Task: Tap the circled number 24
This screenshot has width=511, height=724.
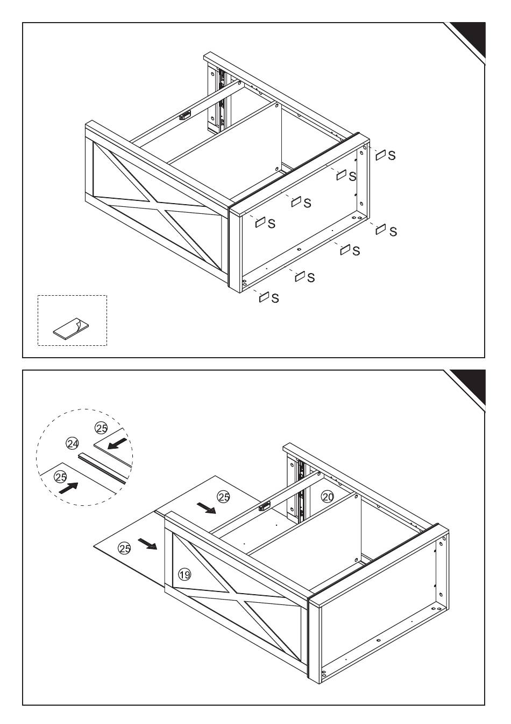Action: (x=72, y=443)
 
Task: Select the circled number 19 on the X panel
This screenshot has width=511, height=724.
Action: (x=184, y=575)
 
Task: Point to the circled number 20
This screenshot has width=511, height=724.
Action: (x=328, y=497)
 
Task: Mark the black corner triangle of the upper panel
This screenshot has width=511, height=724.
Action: (x=470, y=38)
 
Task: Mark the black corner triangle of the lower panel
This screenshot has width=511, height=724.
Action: (x=470, y=385)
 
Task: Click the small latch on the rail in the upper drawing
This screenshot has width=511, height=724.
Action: (x=186, y=114)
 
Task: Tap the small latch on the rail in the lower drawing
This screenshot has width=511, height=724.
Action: (x=264, y=506)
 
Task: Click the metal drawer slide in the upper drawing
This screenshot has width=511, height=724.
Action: (x=221, y=102)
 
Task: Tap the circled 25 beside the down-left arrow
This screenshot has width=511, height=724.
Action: (x=101, y=429)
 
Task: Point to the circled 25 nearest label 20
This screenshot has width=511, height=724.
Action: (x=223, y=497)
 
